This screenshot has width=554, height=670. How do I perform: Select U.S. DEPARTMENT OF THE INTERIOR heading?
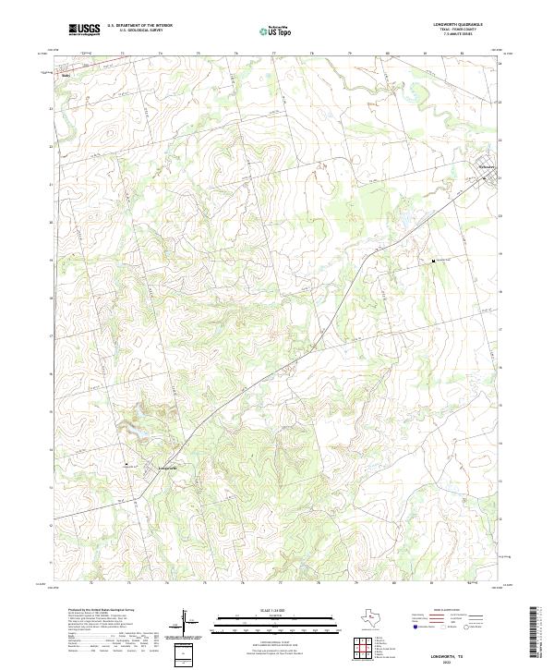[x=139, y=26]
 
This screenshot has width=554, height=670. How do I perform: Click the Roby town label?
[x=66, y=76]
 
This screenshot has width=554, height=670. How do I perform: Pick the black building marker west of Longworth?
[x=126, y=465]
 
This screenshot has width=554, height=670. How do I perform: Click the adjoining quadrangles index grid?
[x=363, y=650]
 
